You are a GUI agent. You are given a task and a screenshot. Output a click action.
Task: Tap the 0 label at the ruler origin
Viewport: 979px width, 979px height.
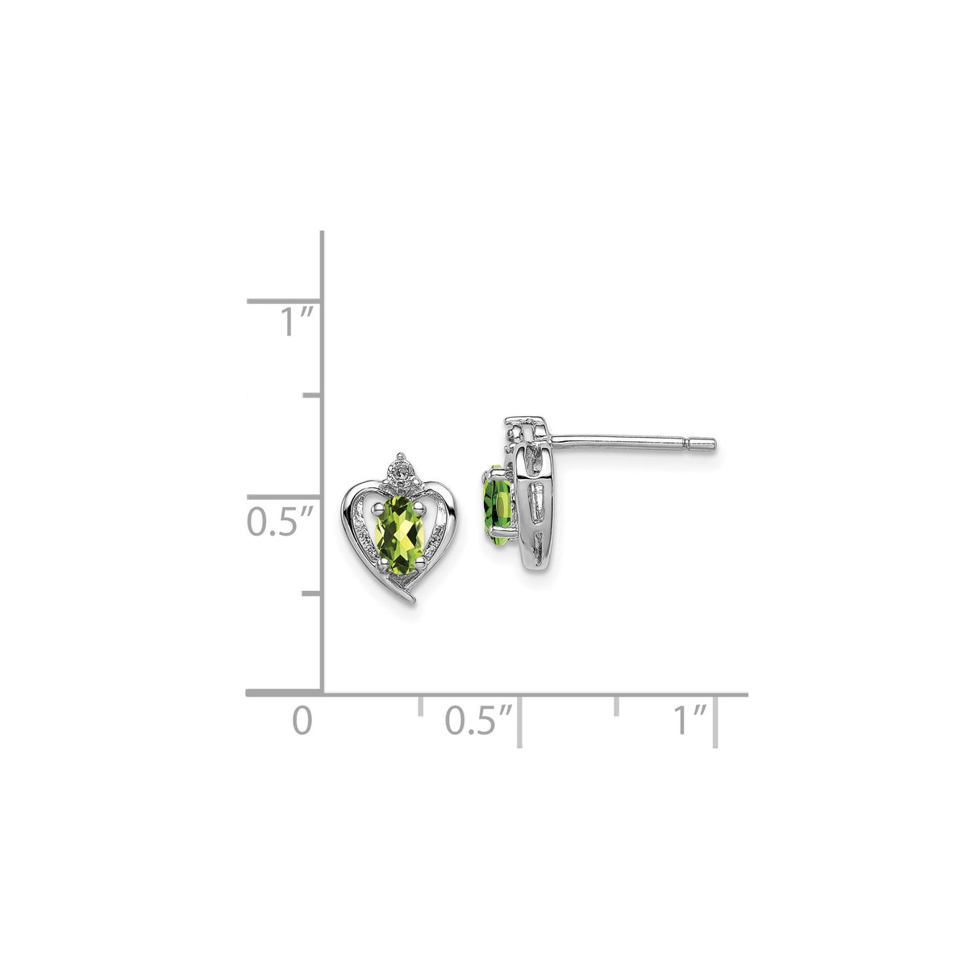(x=302, y=720)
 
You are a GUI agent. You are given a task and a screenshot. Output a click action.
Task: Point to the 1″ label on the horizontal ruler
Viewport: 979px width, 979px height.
(x=690, y=720)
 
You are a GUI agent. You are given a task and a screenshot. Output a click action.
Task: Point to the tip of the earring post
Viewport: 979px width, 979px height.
(x=712, y=443)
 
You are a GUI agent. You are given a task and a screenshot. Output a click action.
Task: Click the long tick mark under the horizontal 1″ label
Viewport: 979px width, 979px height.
(x=716, y=723)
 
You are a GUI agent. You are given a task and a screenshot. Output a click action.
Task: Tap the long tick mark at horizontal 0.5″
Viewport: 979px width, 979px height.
(x=519, y=723)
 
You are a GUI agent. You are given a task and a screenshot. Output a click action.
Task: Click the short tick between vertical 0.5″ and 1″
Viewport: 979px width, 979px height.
(x=312, y=395)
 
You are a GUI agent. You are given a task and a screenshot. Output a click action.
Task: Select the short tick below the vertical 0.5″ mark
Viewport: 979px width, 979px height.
(x=312, y=594)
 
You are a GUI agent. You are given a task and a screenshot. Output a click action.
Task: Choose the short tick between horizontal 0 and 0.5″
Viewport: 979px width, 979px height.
(x=419, y=705)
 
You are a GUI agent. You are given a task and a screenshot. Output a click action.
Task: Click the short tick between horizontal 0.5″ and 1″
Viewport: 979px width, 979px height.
(x=617, y=705)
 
